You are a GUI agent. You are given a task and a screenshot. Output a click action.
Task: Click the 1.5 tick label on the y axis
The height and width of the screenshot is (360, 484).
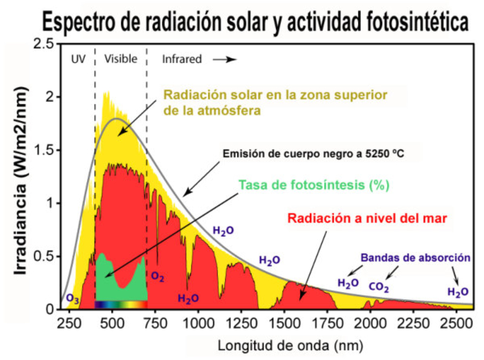44,150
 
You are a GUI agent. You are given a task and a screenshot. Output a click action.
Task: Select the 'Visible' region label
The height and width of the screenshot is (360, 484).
120,59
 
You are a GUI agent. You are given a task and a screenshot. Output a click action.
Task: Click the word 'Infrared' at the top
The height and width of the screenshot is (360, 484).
181,59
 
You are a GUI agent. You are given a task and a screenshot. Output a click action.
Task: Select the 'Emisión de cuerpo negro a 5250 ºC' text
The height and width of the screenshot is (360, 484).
313,153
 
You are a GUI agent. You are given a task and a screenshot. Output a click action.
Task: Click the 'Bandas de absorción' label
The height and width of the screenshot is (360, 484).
415,257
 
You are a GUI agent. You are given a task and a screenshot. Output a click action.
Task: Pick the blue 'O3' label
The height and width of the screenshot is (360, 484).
72,299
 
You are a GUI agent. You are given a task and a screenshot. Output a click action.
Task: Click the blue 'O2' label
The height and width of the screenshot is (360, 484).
158,277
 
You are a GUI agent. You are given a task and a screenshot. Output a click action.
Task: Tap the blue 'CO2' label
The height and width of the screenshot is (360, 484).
379,286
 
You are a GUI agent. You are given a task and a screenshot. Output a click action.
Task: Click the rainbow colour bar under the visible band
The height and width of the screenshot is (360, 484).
121,305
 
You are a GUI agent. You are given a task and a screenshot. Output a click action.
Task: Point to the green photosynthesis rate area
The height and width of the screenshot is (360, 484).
106,281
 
